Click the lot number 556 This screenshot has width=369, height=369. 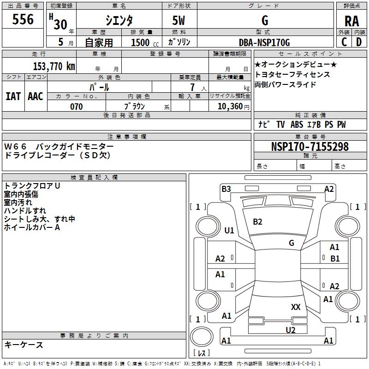(23, 19)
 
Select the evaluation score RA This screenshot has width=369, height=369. (351, 21)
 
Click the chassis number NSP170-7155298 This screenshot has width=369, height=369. (309, 147)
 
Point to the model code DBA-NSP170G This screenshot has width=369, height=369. (265, 42)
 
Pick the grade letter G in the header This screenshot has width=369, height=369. (265, 21)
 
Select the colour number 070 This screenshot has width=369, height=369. (77, 107)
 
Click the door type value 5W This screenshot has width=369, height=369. (179, 21)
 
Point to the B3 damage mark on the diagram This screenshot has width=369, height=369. (226, 189)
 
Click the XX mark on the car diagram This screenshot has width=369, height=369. (296, 307)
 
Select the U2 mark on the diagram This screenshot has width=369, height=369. (290, 329)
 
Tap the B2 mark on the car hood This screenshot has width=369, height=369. (257, 222)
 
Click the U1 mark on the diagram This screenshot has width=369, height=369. (229, 230)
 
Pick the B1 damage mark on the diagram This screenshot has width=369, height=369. (335, 258)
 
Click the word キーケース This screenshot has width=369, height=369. (24, 345)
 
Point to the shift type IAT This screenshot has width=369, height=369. (13, 96)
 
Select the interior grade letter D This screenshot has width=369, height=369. (358, 42)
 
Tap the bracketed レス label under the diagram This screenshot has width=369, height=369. (202, 353)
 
